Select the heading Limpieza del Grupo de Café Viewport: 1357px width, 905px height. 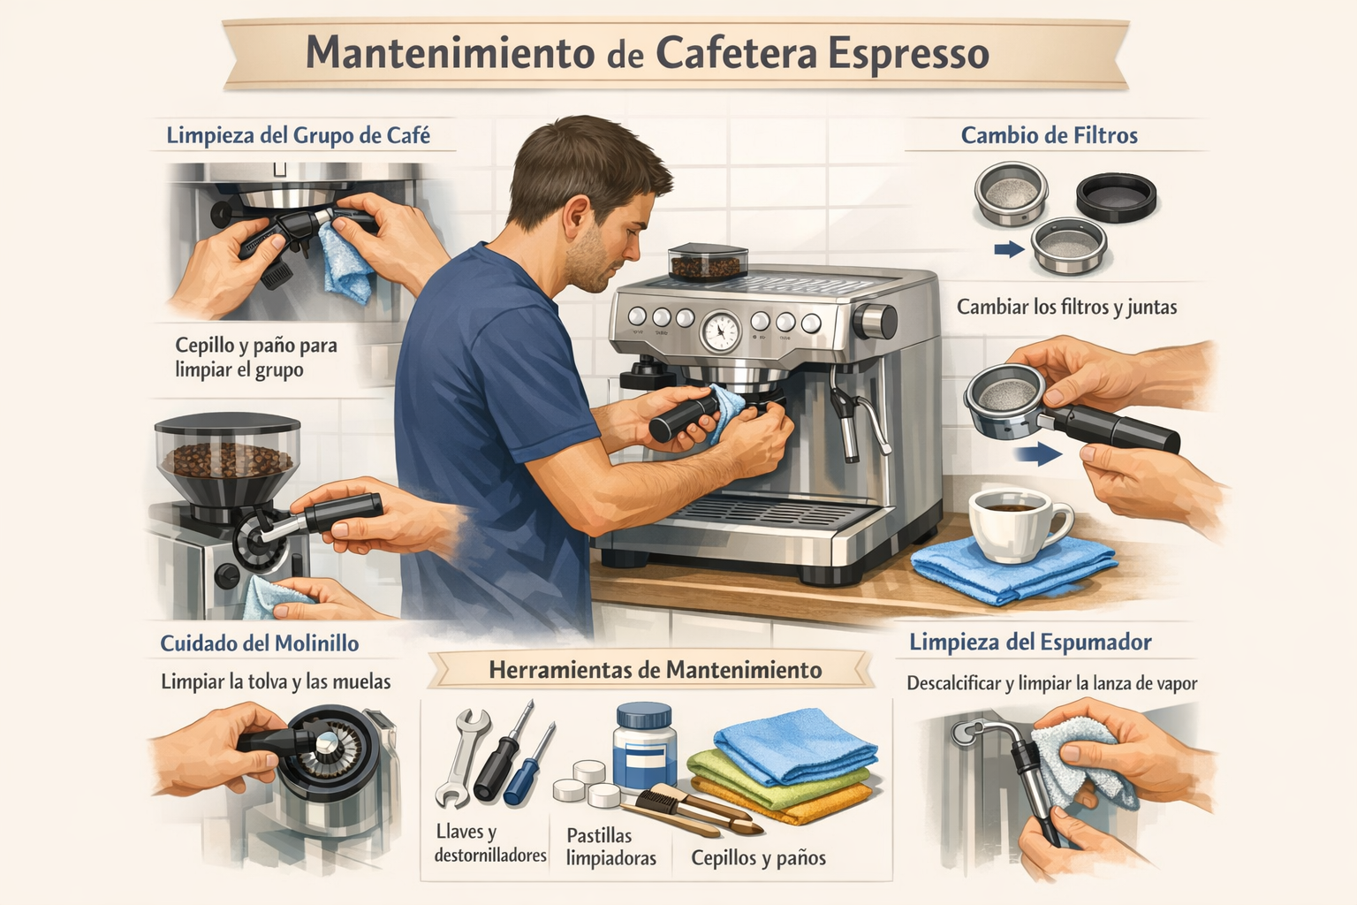pyautogui.click(x=298, y=135)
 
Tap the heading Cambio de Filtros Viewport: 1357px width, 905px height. pyautogui.click(x=1050, y=135)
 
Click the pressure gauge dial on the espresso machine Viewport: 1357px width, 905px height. pyautogui.click(x=721, y=331)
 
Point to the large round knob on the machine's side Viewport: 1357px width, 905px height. pyautogui.click(x=875, y=322)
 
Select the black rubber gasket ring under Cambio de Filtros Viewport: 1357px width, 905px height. pyautogui.click(x=1116, y=198)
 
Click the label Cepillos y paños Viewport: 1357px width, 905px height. pyautogui.click(x=759, y=858)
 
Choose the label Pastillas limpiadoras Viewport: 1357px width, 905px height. pyautogui.click(x=611, y=847)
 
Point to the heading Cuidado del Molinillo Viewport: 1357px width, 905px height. pyautogui.click(x=259, y=643)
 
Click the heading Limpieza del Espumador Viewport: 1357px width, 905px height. pyautogui.click(x=1030, y=642)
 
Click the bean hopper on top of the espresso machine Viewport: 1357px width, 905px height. pyautogui.click(x=707, y=262)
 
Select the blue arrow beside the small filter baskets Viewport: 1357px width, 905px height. pyautogui.click(x=1009, y=248)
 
